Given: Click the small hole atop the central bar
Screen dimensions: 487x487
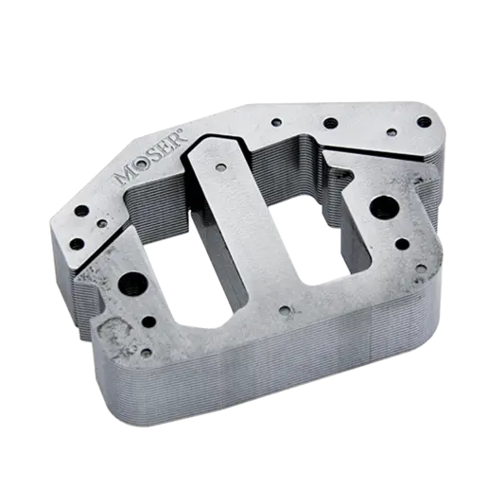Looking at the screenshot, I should pyautogui.click(x=219, y=168).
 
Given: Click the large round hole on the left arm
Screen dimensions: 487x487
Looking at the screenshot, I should pyautogui.click(x=127, y=281).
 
